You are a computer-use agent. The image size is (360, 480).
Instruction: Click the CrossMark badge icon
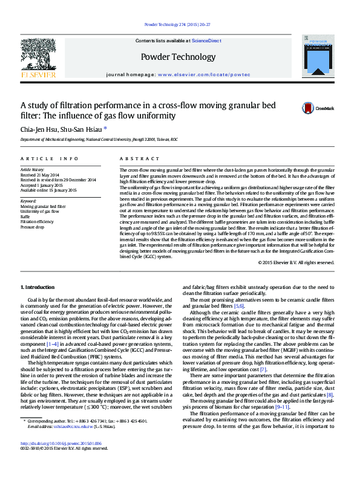click(309, 108)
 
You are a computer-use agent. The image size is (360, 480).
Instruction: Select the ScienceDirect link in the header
click(206, 41)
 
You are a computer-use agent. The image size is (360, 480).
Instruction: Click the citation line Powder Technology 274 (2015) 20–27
click(180, 24)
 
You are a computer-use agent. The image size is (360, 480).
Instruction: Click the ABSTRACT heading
click(131, 158)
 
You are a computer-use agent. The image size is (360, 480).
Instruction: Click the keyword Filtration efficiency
click(37, 222)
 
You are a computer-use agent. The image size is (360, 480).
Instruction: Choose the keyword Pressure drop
click(32, 227)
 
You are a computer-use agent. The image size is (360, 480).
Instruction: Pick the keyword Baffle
click(25, 216)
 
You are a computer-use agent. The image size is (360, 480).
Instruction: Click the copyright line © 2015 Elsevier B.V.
click(295, 262)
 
